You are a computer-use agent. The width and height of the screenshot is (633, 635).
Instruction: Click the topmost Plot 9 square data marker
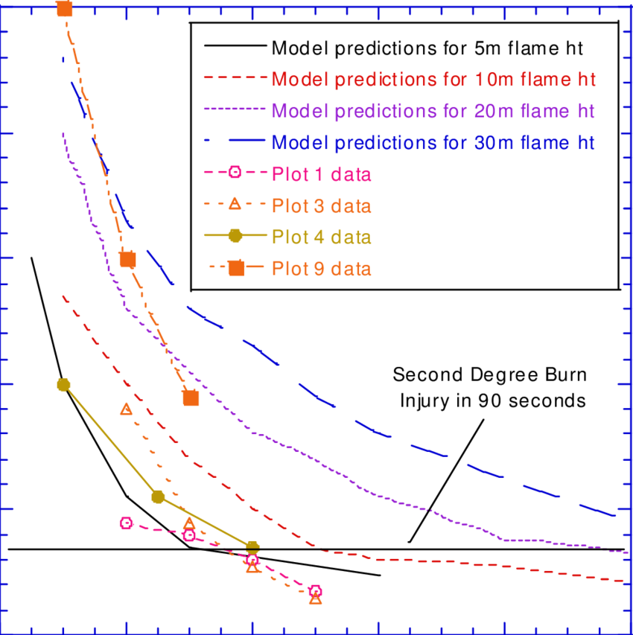pyautogui.click(x=65, y=9)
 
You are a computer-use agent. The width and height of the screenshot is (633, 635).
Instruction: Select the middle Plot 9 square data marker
pyautogui.click(x=127, y=259)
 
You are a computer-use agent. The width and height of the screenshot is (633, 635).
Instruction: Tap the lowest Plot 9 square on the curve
pyautogui.click(x=191, y=398)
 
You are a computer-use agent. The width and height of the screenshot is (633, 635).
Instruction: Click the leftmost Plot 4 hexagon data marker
pyautogui.click(x=63, y=384)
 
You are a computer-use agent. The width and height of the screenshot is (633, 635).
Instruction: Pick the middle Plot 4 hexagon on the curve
pyautogui.click(x=158, y=497)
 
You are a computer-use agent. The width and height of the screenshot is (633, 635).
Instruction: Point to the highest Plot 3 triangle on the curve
pyautogui.click(x=126, y=408)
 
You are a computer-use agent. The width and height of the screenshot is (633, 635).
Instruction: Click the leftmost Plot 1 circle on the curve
pyautogui.click(x=127, y=523)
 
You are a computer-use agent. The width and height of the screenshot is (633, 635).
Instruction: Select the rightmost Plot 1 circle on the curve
pyautogui.click(x=315, y=591)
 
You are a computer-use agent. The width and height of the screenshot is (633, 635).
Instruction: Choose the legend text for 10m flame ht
pyautogui.click(x=433, y=79)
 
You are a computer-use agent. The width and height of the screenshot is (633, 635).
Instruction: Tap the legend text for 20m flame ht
pyautogui.click(x=433, y=111)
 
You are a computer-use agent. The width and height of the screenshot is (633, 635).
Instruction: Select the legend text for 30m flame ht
pyautogui.click(x=433, y=142)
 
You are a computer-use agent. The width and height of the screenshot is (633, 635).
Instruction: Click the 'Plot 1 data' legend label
pyautogui.click(x=321, y=174)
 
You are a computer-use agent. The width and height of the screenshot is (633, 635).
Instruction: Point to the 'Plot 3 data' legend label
pyautogui.click(x=321, y=205)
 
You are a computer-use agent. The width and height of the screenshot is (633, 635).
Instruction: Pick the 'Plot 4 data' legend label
pyautogui.click(x=321, y=237)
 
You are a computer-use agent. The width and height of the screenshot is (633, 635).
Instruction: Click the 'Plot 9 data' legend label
pyautogui.click(x=321, y=268)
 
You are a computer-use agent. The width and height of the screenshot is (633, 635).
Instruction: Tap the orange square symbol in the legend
pyautogui.click(x=235, y=268)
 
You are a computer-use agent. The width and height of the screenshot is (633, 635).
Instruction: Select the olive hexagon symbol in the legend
pyautogui.click(x=235, y=236)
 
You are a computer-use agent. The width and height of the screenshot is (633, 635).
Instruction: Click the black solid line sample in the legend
pyautogui.click(x=234, y=46)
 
